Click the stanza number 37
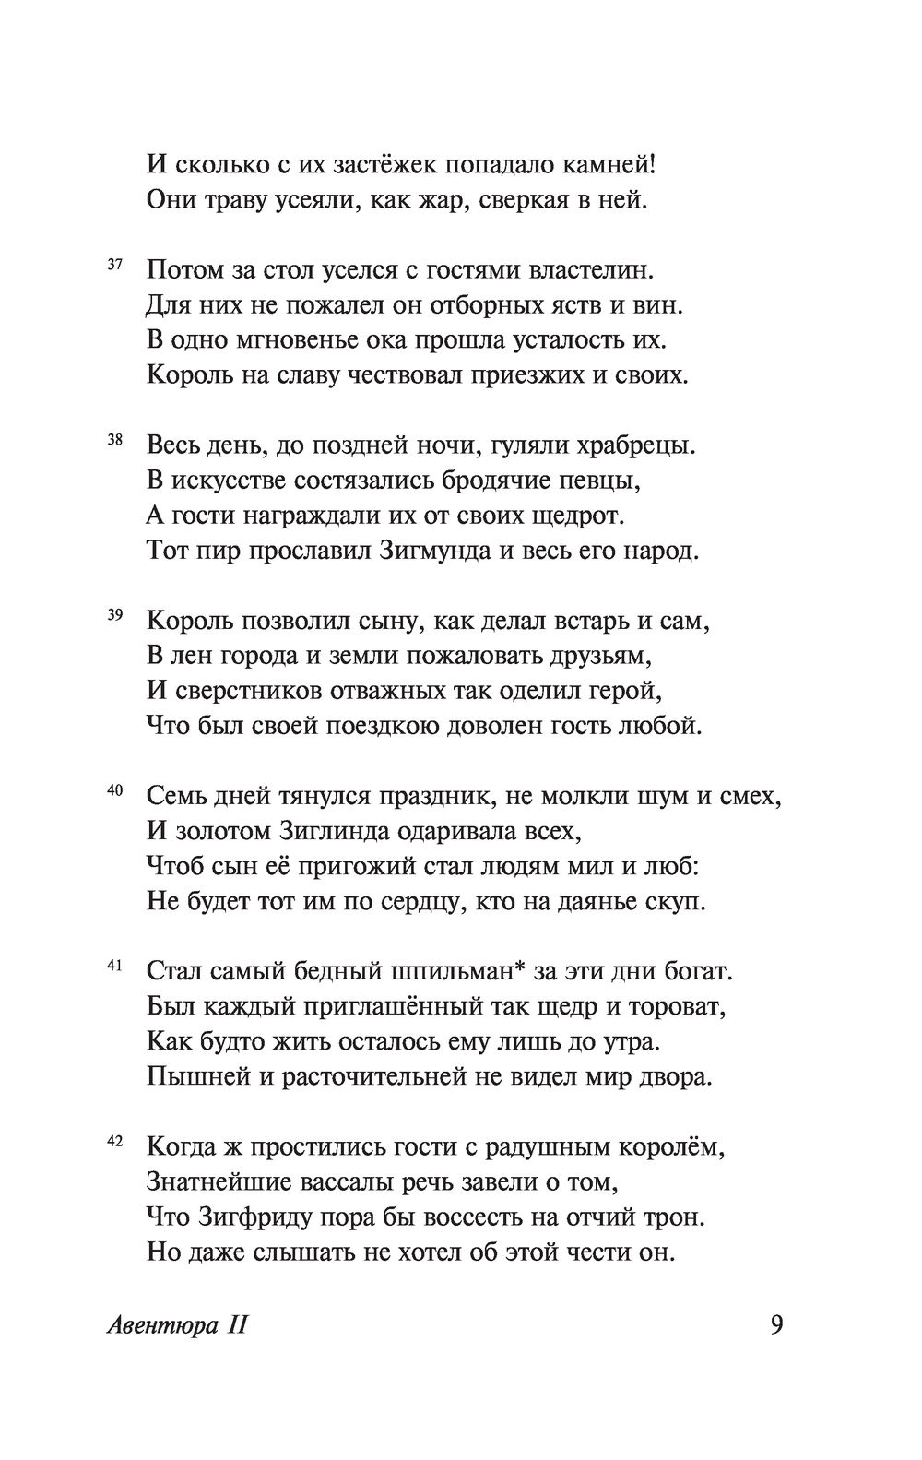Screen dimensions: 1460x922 coord(115,266)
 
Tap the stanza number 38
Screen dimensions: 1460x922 coord(115,441)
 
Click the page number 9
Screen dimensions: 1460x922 coord(775,1325)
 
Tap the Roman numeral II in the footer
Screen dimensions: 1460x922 coord(236,1326)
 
